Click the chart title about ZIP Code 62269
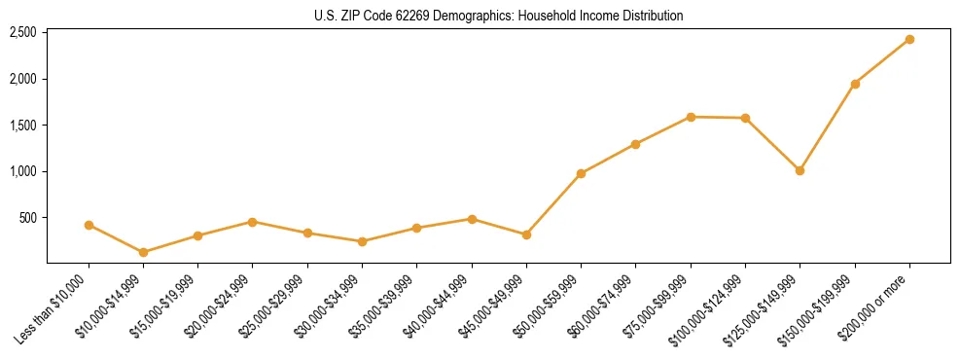coord(499,16)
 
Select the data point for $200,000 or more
coord(909,39)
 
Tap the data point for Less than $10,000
coord(89,225)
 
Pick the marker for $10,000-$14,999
coord(144,252)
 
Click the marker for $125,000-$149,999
coord(800,170)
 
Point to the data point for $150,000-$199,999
coord(855,84)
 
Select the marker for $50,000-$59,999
coord(581,173)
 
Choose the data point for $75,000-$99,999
coord(691,117)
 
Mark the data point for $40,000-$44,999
coord(472,219)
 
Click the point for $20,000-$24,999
coord(253,222)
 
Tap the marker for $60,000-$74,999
coord(635,144)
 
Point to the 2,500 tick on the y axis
coord(23,32)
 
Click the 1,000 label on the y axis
coord(23,171)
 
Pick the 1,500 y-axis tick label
coord(23,126)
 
